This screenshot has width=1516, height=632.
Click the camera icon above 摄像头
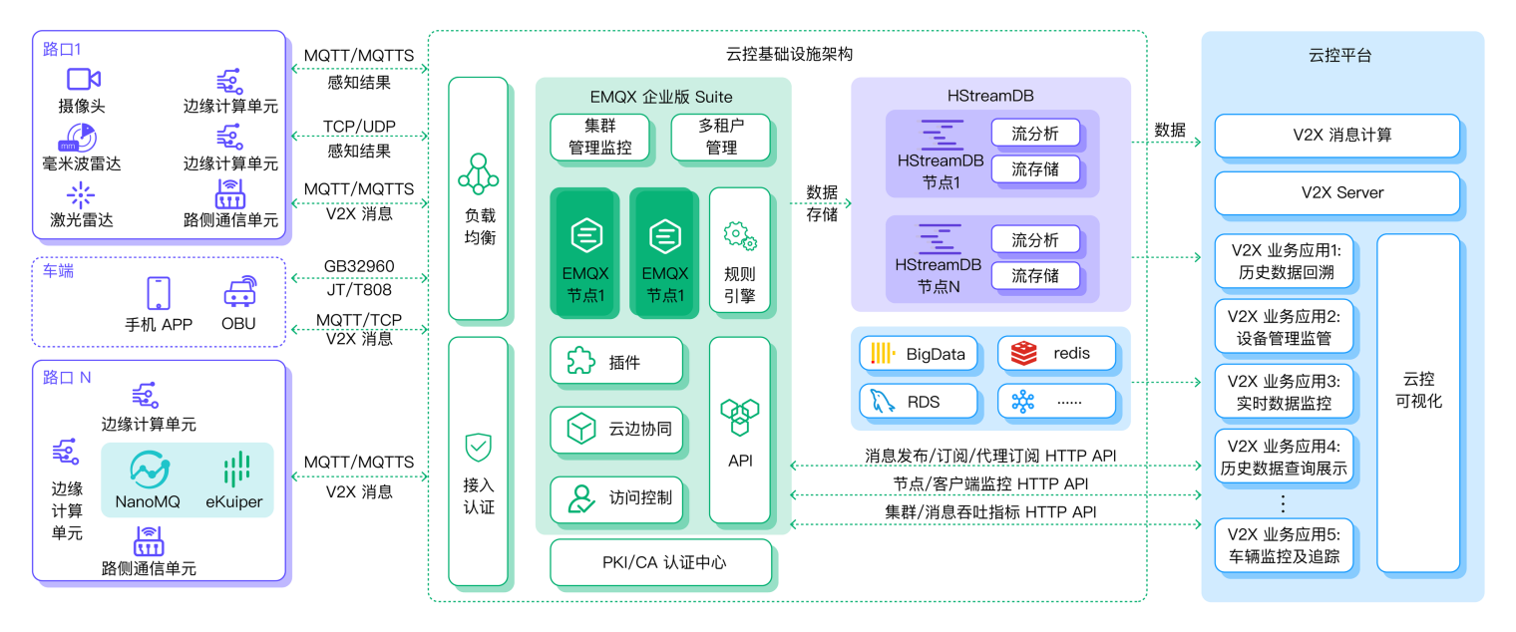(84, 80)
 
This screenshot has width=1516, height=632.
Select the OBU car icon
(238, 292)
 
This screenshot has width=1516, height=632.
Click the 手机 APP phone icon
(159, 293)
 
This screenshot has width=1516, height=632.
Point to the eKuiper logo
(232, 470)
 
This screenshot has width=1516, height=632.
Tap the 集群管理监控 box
(600, 138)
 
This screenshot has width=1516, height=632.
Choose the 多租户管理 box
(720, 138)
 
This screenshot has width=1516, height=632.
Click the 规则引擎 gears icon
(739, 236)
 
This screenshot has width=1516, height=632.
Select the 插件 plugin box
(616, 362)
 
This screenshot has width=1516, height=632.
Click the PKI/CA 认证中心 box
(661, 562)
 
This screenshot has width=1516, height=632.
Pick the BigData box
(919, 353)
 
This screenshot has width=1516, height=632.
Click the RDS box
(919, 402)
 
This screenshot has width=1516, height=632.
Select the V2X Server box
(1336, 192)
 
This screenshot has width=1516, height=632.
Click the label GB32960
(359, 267)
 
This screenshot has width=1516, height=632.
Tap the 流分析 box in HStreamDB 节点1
(1034, 134)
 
